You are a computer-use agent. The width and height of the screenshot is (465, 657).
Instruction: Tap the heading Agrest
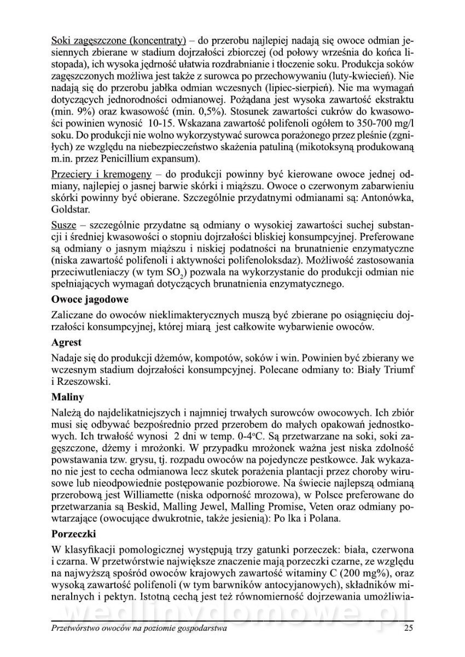point(66,342)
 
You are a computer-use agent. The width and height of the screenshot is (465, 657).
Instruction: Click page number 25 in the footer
point(408,629)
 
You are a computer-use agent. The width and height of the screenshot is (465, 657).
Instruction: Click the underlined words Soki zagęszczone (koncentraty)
point(119,40)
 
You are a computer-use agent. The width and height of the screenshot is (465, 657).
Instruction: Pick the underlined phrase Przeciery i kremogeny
point(101,174)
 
